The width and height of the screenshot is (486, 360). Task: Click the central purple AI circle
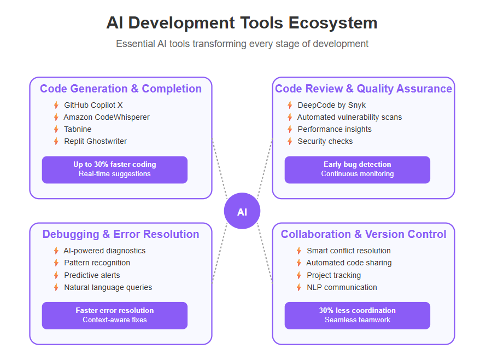click(242, 211)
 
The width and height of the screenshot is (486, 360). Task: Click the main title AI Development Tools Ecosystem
click(242, 23)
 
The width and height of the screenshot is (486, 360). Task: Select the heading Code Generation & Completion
click(121, 89)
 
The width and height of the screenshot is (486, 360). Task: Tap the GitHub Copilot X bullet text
click(93, 105)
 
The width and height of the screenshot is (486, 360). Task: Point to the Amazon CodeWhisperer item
click(107, 117)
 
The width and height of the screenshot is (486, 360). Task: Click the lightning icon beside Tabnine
click(56, 129)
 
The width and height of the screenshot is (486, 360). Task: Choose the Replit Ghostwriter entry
click(96, 141)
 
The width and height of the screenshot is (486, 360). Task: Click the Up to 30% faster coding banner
click(115, 170)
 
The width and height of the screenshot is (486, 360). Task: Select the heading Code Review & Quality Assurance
click(364, 89)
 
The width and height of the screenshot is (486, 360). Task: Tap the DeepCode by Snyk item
click(332, 105)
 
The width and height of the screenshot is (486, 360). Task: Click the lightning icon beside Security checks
click(290, 141)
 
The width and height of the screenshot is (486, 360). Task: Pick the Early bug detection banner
click(358, 170)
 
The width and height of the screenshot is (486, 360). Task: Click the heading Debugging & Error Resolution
click(121, 234)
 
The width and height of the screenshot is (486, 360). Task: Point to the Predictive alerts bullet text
click(92, 275)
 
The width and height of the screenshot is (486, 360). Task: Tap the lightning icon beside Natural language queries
click(56, 287)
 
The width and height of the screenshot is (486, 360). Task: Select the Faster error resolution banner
click(115, 315)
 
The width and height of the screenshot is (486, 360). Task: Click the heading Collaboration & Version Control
click(364, 234)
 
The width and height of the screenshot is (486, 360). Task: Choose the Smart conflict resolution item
click(349, 251)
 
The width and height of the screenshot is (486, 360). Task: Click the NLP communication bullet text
click(342, 287)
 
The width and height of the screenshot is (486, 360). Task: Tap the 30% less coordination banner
click(358, 315)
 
